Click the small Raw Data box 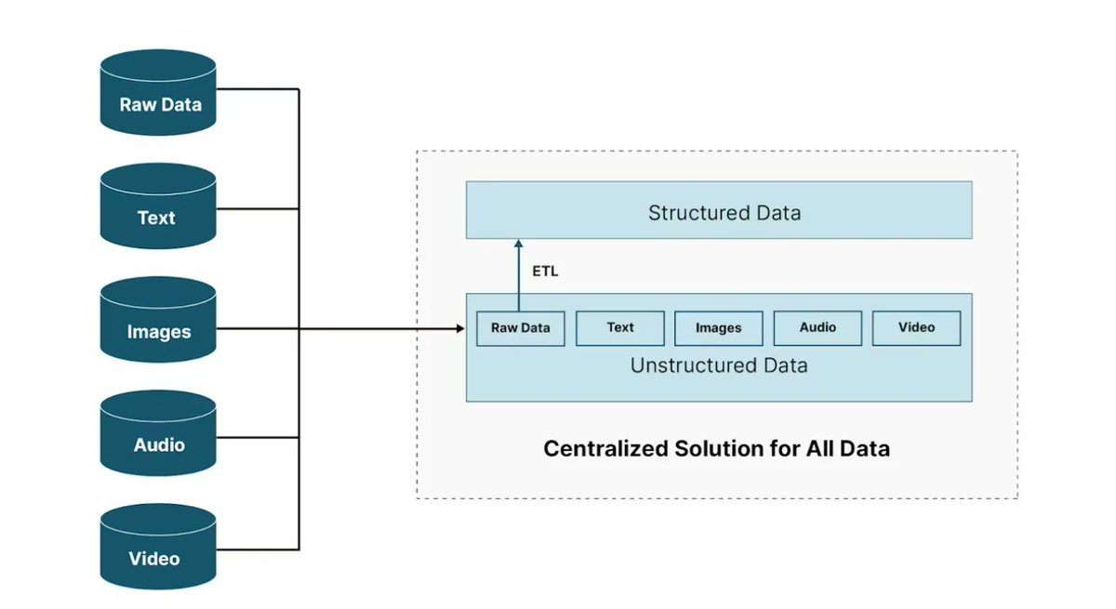520,328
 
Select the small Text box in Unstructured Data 619,328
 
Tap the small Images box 718,328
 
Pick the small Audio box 817,328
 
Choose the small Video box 916,328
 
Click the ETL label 545,272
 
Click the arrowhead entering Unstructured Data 459,328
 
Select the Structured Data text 724,213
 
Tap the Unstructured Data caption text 718,366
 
